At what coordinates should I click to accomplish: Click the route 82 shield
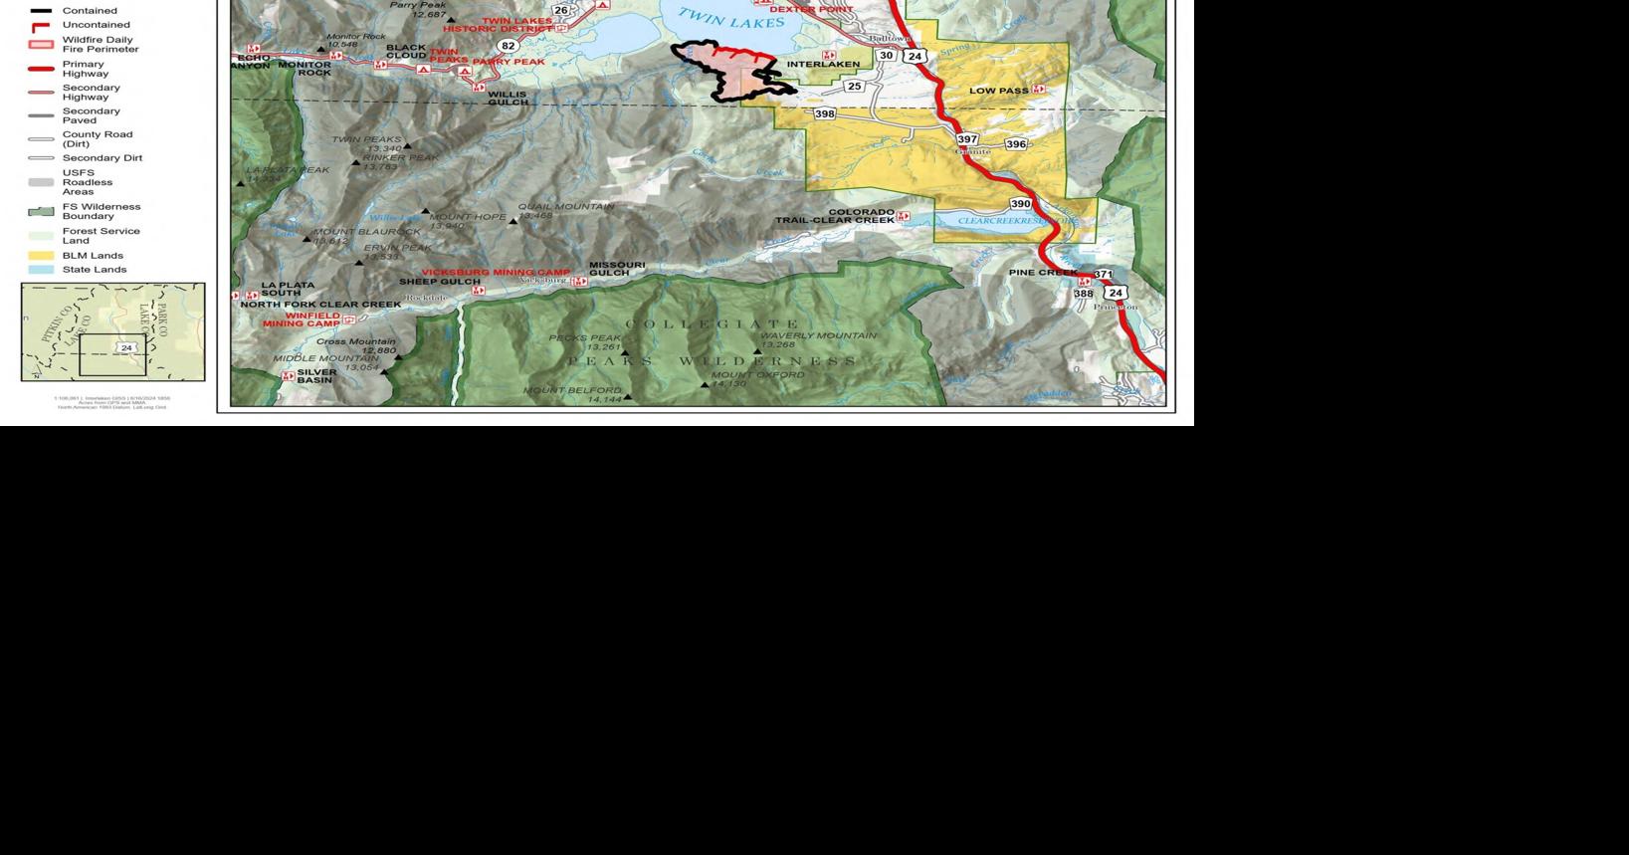coord(509,46)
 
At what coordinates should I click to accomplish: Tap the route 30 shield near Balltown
coord(886,56)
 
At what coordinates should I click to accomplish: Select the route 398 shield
coord(825,114)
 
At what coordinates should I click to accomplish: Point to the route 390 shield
coord(1020,204)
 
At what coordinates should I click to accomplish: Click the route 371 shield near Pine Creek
coord(1103,274)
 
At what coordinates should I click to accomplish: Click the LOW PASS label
coord(999,91)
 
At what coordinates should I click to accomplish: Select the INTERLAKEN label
coord(823,65)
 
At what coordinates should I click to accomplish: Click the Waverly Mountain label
coord(818,336)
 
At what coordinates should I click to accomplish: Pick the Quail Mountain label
coord(565,207)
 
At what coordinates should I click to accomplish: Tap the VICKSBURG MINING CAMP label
coord(496,273)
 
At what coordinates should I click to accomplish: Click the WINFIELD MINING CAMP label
coord(301,320)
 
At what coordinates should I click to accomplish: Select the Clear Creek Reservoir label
coord(1017,221)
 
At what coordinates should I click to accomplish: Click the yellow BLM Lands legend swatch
coord(41,256)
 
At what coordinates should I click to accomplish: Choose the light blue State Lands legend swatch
coord(41,270)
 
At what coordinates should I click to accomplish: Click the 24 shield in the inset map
coord(126,347)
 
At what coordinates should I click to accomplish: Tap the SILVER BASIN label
coord(316,376)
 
